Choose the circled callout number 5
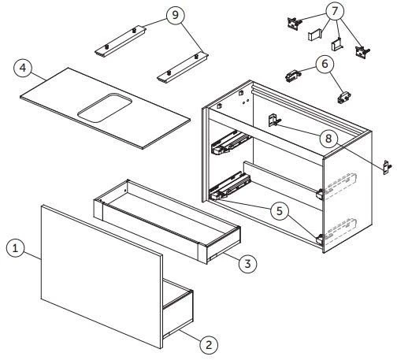[277, 210]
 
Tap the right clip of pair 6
[344, 98]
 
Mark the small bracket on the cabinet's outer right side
[386, 167]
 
